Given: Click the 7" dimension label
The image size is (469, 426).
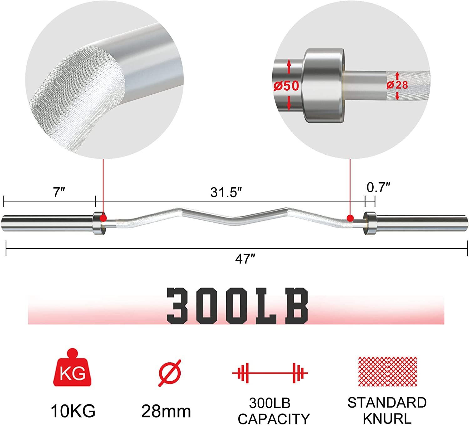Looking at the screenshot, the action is (x=59, y=193).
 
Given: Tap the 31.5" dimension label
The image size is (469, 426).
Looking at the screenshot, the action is (x=226, y=193).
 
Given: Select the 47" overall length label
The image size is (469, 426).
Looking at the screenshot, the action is (x=245, y=259).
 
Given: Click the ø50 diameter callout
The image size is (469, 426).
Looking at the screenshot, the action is (x=286, y=86).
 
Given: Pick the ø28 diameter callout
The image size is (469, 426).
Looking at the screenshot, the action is (x=397, y=85).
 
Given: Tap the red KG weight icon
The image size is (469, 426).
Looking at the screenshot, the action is (x=72, y=367).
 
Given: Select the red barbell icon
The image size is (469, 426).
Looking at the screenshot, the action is (x=270, y=373).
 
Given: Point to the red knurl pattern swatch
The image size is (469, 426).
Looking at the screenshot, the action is (x=387, y=372).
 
